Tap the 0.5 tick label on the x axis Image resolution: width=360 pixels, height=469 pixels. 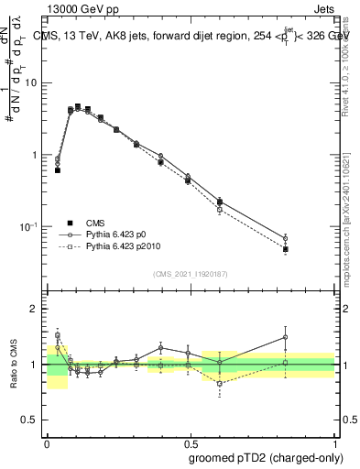(x=191, y=440)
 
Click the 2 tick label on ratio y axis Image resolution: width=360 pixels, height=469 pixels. (x=34, y=309)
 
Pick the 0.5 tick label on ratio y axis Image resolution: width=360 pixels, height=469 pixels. (x=30, y=420)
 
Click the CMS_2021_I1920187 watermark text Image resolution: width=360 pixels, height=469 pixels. (x=191, y=274)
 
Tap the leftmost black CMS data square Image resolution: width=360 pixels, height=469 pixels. (x=58, y=170)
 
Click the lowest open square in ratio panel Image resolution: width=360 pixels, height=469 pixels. (x=220, y=384)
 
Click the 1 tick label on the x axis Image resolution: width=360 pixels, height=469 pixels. (x=334, y=440)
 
